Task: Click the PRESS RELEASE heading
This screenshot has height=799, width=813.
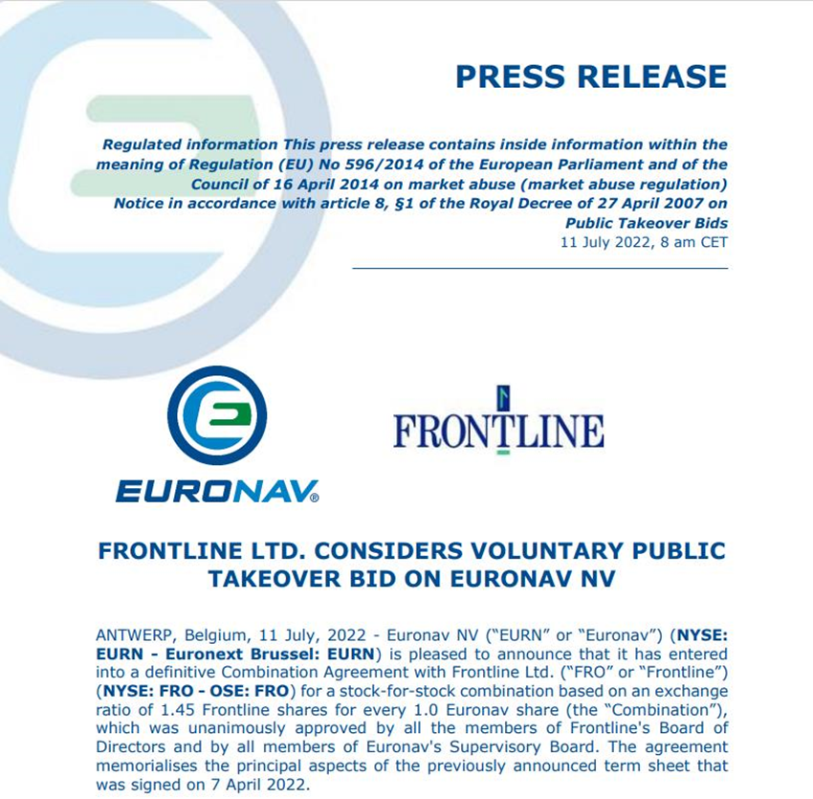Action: click(x=590, y=76)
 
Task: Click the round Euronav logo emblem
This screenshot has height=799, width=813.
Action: click(x=217, y=415)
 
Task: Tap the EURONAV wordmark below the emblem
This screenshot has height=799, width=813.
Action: click(x=217, y=491)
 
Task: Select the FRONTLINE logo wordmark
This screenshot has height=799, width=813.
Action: click(x=498, y=432)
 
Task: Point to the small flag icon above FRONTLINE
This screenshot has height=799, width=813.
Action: click(x=503, y=397)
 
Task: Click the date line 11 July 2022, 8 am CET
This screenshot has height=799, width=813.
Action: click(x=643, y=242)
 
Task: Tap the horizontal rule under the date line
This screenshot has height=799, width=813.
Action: click(x=539, y=268)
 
